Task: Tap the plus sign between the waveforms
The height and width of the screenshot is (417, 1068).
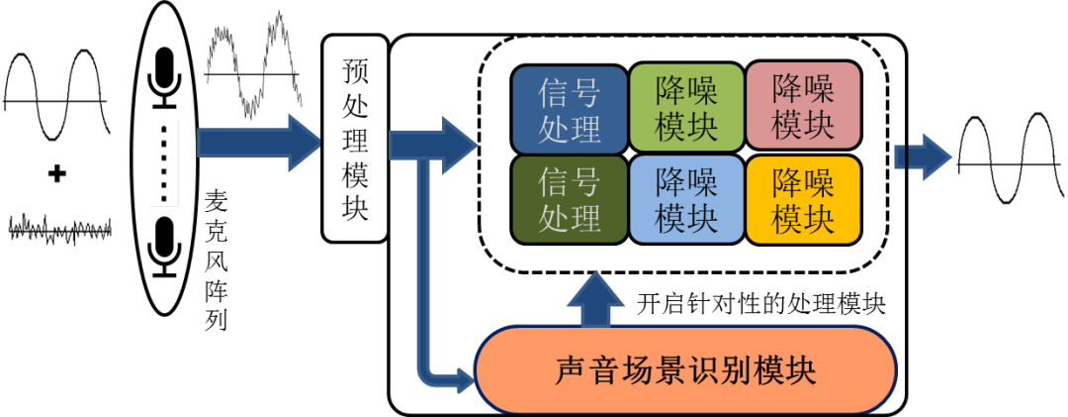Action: (57, 174)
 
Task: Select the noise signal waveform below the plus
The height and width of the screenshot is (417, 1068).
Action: (59, 229)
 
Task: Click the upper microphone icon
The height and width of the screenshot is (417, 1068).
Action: (164, 77)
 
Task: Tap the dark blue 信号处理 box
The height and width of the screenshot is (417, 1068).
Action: (569, 109)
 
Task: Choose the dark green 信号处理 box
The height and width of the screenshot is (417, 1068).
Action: (569, 200)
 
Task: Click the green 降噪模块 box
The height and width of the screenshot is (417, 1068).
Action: (686, 109)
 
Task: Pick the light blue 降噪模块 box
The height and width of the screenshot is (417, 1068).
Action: (686, 200)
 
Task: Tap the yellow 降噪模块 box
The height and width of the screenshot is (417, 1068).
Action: (803, 200)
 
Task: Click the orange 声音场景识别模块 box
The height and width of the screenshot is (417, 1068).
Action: (685, 369)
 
